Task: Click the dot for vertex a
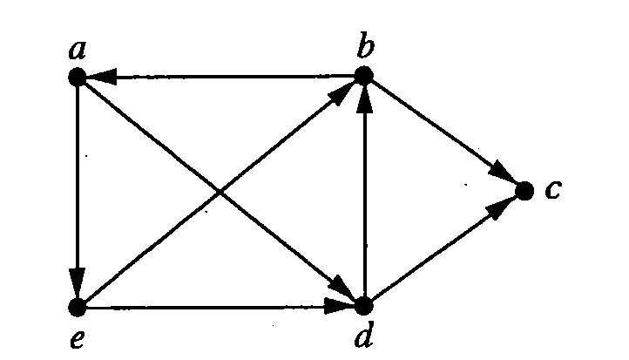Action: pyautogui.click(x=78, y=77)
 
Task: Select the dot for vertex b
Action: pyautogui.click(x=364, y=76)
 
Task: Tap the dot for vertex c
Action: pyautogui.click(x=524, y=190)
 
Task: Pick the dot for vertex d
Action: pyautogui.click(x=364, y=306)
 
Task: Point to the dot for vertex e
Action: pyautogui.click(x=78, y=308)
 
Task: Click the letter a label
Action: pyautogui.click(x=78, y=50)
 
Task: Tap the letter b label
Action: pyautogui.click(x=365, y=45)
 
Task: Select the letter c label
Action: pyautogui.click(x=553, y=189)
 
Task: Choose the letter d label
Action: pyautogui.click(x=364, y=334)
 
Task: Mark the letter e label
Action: pyautogui.click(x=78, y=339)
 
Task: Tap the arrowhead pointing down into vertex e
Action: pyautogui.click(x=78, y=284)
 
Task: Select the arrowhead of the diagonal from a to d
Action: pyautogui.click(x=342, y=289)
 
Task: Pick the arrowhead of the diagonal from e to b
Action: pyautogui.click(x=342, y=93)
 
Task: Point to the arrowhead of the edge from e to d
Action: pyautogui.click(x=340, y=307)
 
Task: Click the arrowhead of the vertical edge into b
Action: pyautogui.click(x=364, y=98)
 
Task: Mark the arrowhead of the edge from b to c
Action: pyautogui.click(x=502, y=173)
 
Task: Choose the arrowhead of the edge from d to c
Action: pyautogui.click(x=500, y=207)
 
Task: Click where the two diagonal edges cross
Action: pyautogui.click(x=220, y=193)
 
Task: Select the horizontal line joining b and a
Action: pyautogui.click(x=220, y=76)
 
